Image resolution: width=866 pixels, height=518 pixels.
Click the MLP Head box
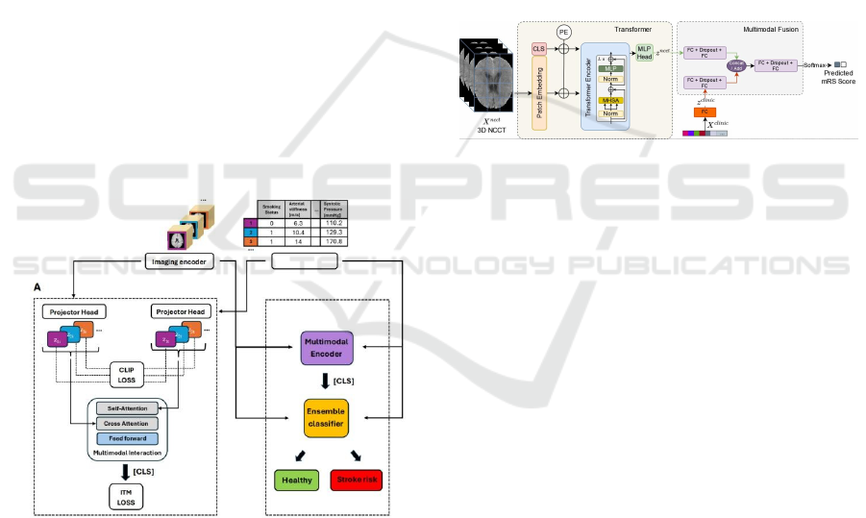pyautogui.click(x=644, y=54)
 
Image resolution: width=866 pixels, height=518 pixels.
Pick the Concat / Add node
pyautogui.click(x=737, y=65)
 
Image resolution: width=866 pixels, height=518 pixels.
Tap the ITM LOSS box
pyautogui.click(x=126, y=496)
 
